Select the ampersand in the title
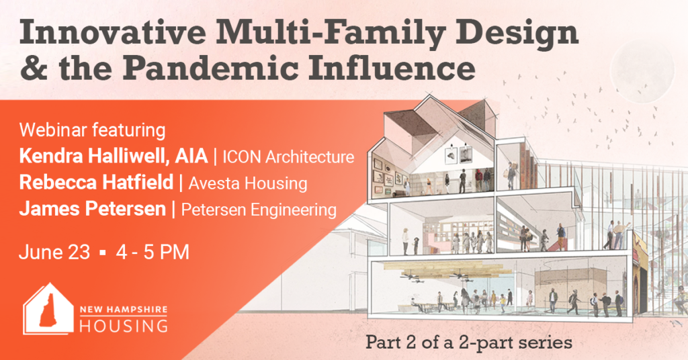(34, 69)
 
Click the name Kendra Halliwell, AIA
(113, 156)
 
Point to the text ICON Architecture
(288, 157)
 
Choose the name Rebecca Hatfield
(96, 183)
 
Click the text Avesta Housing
(248, 183)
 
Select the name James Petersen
(92, 209)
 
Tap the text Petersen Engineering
(259, 210)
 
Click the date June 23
(54, 252)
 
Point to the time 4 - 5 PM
(153, 252)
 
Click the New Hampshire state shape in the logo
(48, 310)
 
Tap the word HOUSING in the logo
(124, 326)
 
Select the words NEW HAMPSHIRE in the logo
(124, 310)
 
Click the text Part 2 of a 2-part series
(468, 343)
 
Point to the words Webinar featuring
(92, 131)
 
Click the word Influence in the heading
(392, 69)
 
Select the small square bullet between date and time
(103, 253)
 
